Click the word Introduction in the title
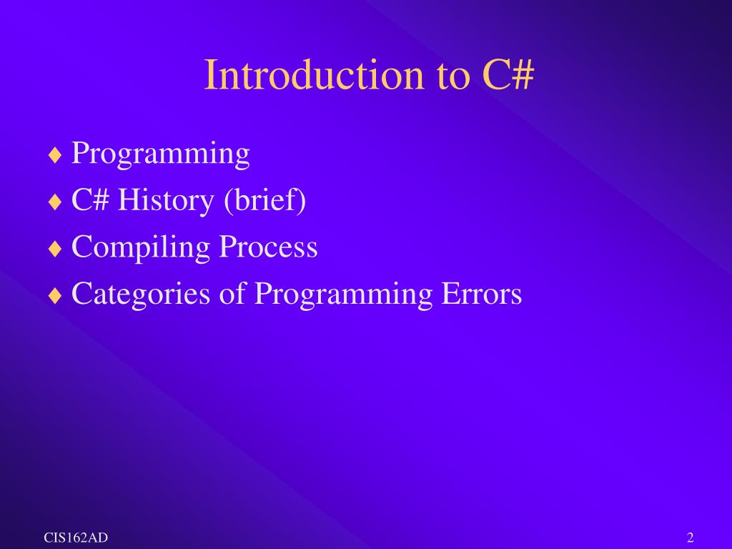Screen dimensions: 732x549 pyautogui.click(x=315, y=74)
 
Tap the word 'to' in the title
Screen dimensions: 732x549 pyautogui.click(x=453, y=77)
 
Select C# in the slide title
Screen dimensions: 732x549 pyautogui.click(x=508, y=74)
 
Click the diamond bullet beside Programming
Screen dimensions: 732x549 pyautogui.click(x=55, y=155)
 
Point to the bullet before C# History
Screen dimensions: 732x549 pyautogui.click(x=55, y=202)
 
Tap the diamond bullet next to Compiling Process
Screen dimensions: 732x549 pyautogui.click(x=55, y=248)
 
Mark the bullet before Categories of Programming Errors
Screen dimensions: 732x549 pyautogui.click(x=55, y=295)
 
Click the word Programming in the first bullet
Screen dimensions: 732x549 pyautogui.click(x=161, y=154)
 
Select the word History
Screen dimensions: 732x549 pyautogui.click(x=166, y=201)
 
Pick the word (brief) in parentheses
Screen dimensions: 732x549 pyautogui.click(x=265, y=201)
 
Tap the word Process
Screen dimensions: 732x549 pyautogui.click(x=269, y=247)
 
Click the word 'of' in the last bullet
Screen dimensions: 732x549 pyautogui.click(x=232, y=292)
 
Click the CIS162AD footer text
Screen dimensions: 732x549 pyautogui.click(x=76, y=538)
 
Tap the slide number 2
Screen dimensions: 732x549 pyautogui.click(x=691, y=538)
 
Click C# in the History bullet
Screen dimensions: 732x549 pyautogui.click(x=91, y=200)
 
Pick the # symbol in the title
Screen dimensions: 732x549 pyautogui.click(x=522, y=74)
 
